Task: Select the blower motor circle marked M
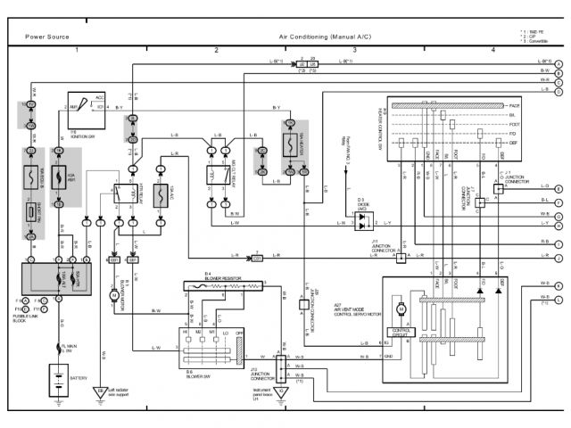[114, 293]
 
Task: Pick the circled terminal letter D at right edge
[558, 90]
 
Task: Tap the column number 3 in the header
[355, 50]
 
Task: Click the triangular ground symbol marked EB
[100, 391]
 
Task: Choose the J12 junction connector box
[281, 366]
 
